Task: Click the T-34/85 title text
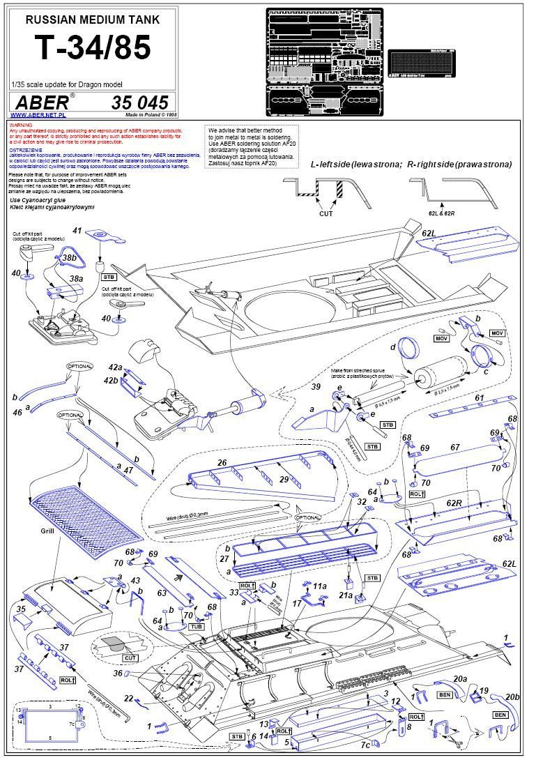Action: click(x=92, y=47)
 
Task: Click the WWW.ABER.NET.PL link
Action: click(x=38, y=114)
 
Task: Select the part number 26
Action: click(x=222, y=463)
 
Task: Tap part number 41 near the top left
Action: click(x=77, y=230)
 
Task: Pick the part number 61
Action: click(x=479, y=397)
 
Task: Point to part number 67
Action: click(x=456, y=447)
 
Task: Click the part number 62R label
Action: click(x=454, y=503)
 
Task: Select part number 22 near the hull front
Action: click(x=128, y=699)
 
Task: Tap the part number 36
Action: click(x=118, y=673)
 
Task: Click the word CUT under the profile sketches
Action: click(x=326, y=214)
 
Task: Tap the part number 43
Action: click(x=135, y=580)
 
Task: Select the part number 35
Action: click(x=21, y=609)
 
